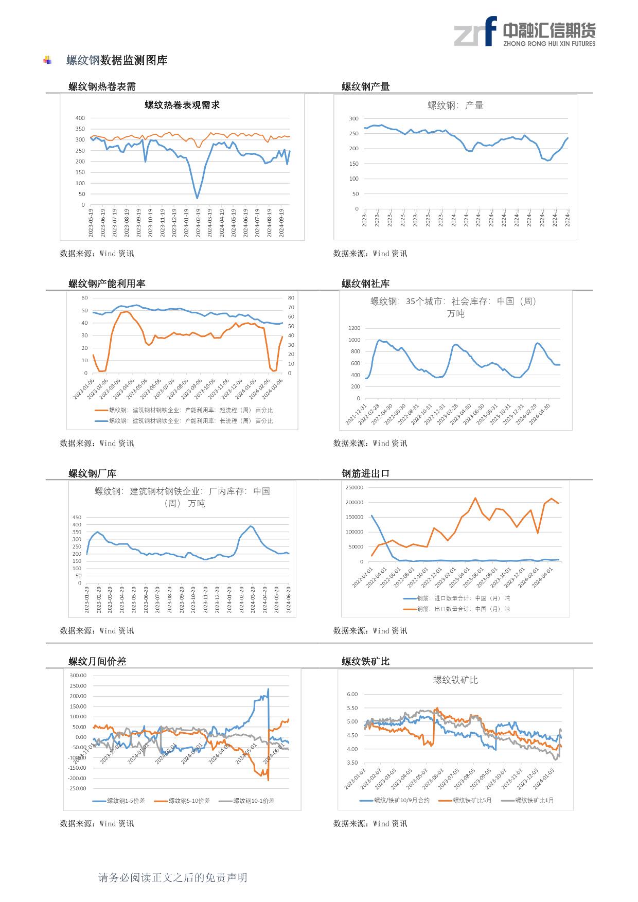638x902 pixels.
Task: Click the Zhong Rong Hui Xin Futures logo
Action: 524,31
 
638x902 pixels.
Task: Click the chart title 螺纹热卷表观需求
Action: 182,105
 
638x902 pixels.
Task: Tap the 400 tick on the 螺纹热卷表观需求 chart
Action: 80,118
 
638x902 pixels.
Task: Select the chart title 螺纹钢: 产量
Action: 455,105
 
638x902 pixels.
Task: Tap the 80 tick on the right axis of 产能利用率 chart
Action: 291,298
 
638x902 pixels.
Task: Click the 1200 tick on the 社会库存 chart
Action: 354,328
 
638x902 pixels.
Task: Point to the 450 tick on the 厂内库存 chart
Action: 76,518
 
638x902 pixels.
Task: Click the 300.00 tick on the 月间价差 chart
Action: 77,676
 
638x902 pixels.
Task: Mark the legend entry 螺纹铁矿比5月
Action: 472,800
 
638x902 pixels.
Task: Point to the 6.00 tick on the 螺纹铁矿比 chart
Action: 352,694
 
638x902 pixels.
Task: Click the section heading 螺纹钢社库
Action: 366,284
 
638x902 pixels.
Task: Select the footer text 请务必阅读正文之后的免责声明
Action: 173,877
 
